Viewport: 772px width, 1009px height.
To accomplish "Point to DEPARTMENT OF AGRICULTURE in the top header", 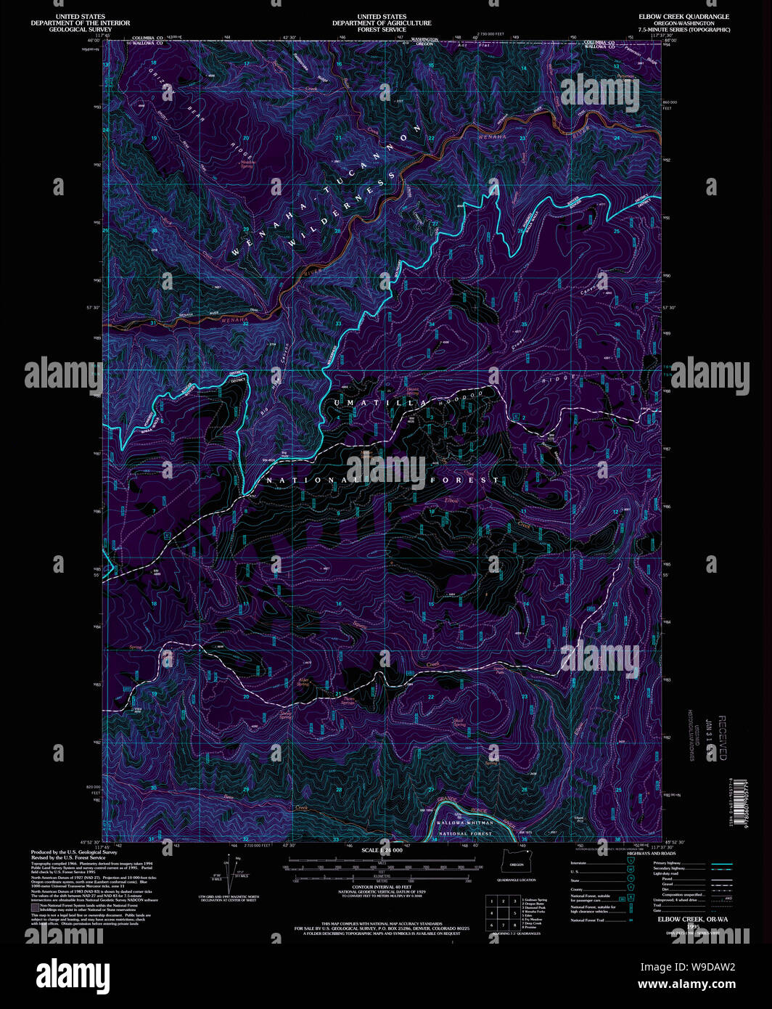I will (x=382, y=23).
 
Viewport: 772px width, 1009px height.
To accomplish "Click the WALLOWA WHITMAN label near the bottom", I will (x=464, y=822).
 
